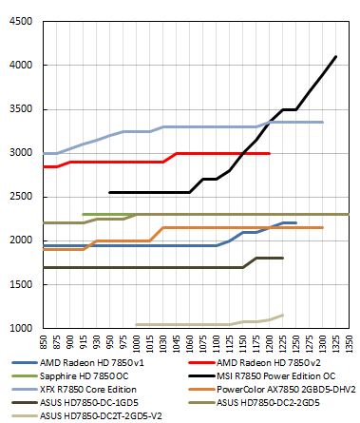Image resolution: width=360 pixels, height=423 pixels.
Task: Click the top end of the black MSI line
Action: pos(336,57)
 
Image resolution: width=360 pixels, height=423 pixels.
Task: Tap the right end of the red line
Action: pos(270,153)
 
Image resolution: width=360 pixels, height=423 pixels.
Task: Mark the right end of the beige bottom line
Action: pos(283,315)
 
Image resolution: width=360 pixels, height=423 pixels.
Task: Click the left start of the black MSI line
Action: pos(110,192)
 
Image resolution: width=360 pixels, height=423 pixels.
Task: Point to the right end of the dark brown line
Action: pos(283,258)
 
